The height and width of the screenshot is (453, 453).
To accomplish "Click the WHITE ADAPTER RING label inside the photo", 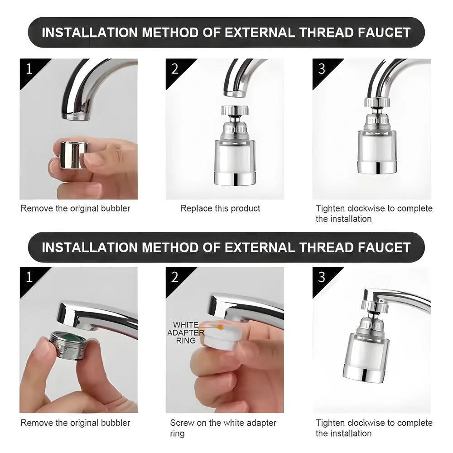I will coord(186,333).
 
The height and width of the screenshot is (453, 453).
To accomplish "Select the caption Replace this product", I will coord(220,208).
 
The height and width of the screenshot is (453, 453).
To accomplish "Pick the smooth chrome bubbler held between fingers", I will coord(72,155).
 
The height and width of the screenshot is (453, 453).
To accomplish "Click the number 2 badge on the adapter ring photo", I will coord(175,277).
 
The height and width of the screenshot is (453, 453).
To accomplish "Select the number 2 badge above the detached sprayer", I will coord(175,68).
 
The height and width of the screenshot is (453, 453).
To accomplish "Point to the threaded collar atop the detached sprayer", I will coord(233,110).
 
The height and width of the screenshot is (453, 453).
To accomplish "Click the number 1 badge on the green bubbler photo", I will coord(29,277).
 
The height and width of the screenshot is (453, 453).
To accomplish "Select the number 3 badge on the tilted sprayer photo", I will coord(322,277).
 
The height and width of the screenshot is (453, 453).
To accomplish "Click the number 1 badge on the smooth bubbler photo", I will coord(29,68).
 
